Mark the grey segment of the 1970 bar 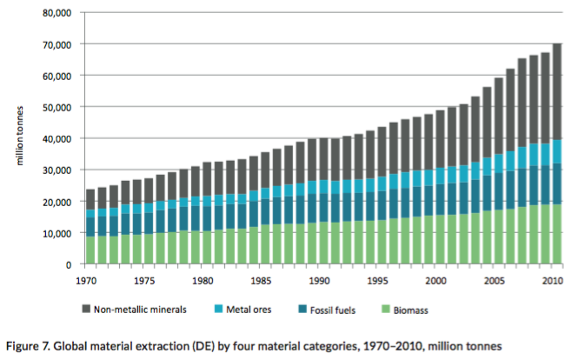[x=90, y=199]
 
